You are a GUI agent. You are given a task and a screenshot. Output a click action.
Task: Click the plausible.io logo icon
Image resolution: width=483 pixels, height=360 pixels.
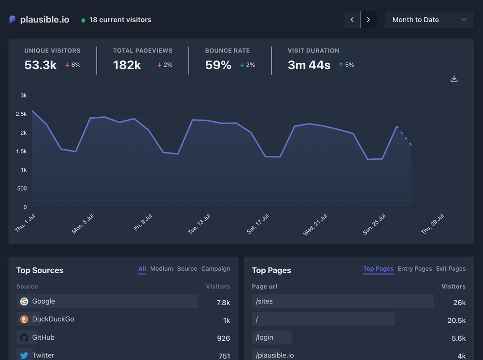13,20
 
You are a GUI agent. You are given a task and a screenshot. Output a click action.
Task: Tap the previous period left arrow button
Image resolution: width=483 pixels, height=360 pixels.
352,20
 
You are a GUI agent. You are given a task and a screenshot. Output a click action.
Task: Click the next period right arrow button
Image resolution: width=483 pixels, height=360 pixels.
369,20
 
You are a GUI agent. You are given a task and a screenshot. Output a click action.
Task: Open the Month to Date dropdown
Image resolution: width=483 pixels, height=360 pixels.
429,20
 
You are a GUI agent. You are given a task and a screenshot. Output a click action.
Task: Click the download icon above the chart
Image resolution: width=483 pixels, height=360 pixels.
454,79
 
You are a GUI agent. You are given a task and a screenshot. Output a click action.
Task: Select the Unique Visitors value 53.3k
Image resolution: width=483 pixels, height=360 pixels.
41,65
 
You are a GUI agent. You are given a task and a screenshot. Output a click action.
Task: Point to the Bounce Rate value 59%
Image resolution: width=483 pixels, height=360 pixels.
218,65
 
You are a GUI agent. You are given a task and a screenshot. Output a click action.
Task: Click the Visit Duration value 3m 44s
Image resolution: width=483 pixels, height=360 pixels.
309,65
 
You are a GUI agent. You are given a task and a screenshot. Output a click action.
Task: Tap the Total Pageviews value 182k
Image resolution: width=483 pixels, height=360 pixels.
127,65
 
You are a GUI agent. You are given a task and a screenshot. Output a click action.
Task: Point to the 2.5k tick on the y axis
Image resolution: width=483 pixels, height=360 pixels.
21,114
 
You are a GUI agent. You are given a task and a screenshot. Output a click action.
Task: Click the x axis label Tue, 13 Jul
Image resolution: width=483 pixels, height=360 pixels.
199,224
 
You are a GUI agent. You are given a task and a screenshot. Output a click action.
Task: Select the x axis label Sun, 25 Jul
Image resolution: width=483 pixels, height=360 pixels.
374,224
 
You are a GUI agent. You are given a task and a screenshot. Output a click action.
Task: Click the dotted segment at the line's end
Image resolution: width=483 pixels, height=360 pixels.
404,136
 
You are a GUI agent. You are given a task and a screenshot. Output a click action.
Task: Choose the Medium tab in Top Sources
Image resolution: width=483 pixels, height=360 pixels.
161,269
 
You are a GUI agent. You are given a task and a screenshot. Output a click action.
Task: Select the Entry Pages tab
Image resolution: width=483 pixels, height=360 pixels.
414,269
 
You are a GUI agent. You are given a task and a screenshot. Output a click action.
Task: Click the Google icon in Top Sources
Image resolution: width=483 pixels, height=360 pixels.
24,302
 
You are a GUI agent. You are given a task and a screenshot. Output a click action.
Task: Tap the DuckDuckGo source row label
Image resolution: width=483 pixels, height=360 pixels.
53,319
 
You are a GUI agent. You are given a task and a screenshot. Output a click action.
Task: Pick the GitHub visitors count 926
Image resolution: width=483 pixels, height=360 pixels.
223,338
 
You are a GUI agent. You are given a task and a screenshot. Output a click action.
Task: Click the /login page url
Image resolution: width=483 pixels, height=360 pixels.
264,338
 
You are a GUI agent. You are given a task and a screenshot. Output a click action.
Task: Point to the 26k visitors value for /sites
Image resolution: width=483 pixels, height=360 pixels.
459,303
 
